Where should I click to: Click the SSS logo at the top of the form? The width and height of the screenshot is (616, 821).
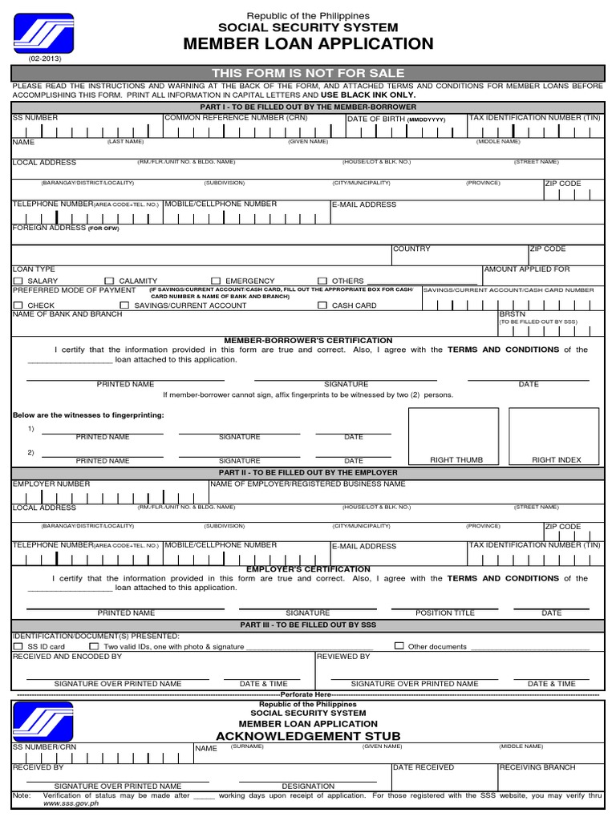point(43,33)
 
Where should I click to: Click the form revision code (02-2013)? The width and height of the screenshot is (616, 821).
point(44,59)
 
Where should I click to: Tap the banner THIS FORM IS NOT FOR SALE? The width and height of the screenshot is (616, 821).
point(308,73)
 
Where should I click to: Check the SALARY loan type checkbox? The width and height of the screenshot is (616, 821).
point(18,281)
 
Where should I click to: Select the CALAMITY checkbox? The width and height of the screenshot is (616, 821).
point(109,281)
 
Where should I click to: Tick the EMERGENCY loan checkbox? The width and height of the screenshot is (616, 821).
point(216,281)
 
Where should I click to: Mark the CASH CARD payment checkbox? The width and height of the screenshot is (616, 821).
point(322,305)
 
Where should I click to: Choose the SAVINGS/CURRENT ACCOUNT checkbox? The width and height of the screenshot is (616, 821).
point(124,305)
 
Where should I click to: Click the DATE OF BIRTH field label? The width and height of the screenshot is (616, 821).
point(376,119)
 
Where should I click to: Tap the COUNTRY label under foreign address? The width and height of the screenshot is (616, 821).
point(411,249)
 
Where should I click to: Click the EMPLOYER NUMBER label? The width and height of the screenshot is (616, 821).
point(51,484)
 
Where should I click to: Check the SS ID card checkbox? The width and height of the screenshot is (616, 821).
point(18,646)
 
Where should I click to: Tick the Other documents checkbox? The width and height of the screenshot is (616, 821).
point(399,645)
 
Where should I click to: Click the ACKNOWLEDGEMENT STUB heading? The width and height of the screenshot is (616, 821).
point(308,736)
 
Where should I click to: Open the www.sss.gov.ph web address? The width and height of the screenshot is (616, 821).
point(71,803)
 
